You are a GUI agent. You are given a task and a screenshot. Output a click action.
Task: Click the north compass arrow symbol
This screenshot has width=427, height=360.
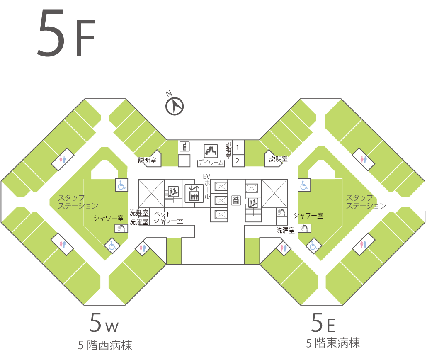(x=175, y=106)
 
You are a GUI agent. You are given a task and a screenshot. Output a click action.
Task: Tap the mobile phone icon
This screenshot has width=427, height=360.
(x=184, y=147)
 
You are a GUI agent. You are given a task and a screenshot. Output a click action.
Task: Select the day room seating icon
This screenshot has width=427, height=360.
(x=211, y=151)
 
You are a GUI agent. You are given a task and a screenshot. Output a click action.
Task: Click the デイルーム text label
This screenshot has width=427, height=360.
(x=211, y=163)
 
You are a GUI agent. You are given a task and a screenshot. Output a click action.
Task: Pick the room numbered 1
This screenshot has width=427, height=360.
(x=238, y=147)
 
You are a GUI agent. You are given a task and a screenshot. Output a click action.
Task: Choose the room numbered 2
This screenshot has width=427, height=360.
(x=238, y=161)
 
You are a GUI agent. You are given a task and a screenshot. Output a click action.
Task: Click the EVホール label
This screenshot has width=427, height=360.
(x=207, y=186)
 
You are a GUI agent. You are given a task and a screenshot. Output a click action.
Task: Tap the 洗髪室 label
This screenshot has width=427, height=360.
(x=139, y=213)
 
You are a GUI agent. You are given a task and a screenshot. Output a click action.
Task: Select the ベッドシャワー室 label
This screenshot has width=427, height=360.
(x=168, y=217)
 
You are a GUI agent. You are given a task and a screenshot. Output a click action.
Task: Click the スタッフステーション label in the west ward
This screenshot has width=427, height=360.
(x=78, y=202)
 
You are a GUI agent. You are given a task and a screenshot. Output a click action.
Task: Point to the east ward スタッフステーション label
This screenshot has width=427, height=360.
(x=366, y=202)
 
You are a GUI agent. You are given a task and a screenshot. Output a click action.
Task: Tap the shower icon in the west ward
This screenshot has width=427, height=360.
(x=121, y=228)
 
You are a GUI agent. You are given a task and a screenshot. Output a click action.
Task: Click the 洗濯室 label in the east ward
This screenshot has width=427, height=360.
(x=285, y=230)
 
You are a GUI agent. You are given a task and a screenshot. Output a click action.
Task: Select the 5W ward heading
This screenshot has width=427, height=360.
(x=104, y=323)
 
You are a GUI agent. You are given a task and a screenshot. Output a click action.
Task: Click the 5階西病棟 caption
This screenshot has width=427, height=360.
(x=105, y=345)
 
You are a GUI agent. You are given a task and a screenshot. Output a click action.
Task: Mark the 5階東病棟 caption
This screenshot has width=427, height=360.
(x=333, y=343)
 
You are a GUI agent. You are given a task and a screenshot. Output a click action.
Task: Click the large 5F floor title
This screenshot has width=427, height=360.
(x=66, y=33)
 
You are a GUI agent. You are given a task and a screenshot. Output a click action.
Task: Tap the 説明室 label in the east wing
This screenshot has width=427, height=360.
(x=278, y=158)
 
